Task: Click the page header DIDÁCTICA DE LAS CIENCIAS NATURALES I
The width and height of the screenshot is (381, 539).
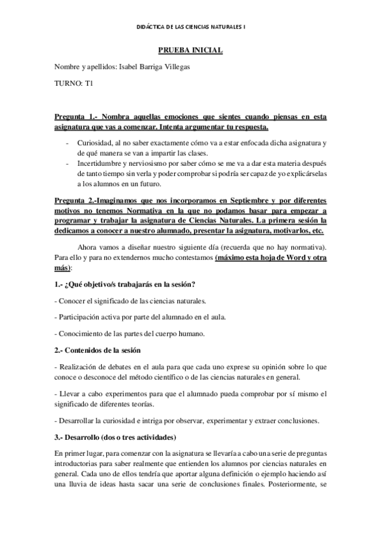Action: (x=190, y=26)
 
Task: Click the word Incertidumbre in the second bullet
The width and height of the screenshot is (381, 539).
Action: (x=100, y=163)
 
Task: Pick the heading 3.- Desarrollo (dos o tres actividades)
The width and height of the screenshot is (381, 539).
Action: (x=115, y=439)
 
